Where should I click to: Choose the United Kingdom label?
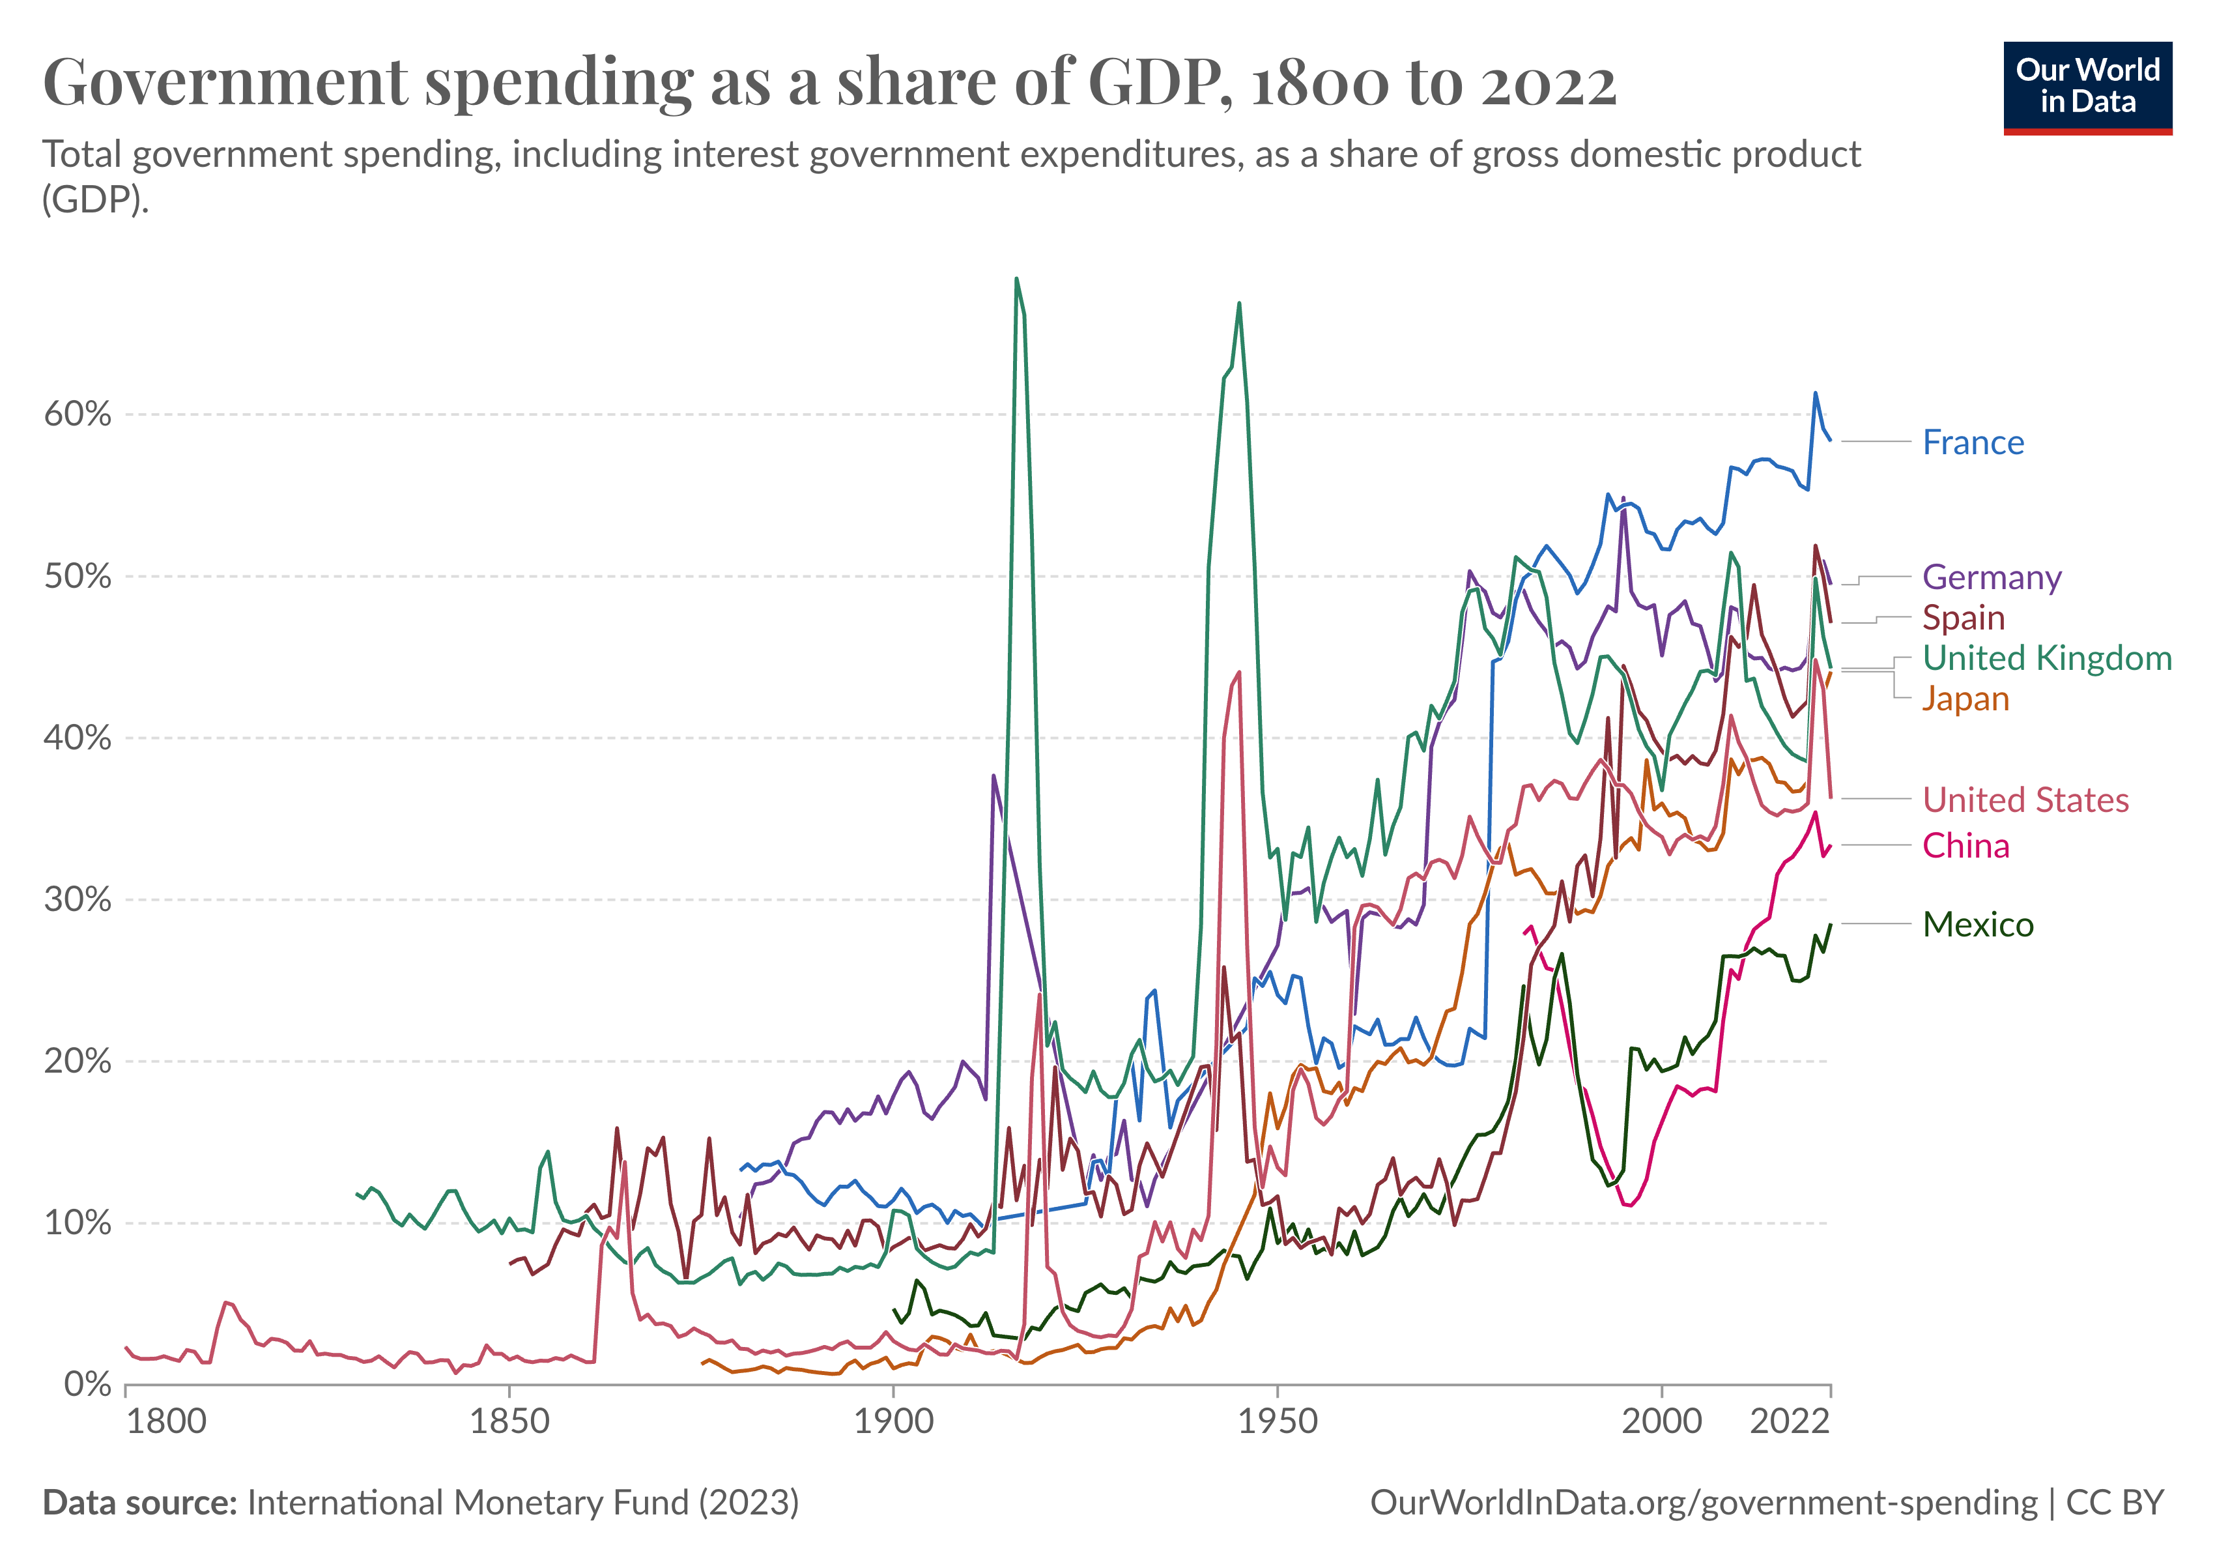[2046, 658]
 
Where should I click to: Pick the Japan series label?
[1964, 699]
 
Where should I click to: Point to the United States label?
[2025, 800]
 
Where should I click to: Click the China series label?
[1965, 846]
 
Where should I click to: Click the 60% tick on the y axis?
[77, 415]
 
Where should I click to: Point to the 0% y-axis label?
[87, 1385]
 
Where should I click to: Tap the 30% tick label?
[77, 900]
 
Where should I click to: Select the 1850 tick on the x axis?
[509, 1422]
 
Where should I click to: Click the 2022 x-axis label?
[1790, 1422]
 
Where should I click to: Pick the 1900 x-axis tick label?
[893, 1422]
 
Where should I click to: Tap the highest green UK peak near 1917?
[1016, 280]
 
